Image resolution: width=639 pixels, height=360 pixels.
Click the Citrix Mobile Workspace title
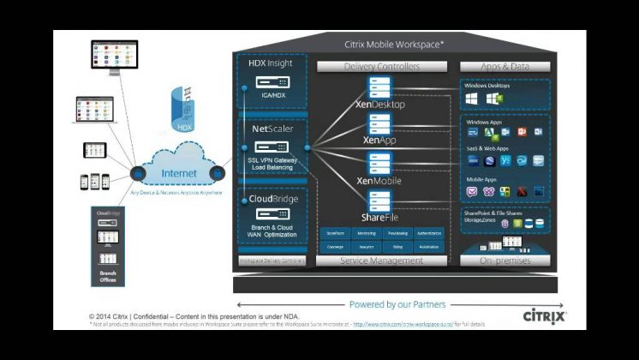(x=394, y=43)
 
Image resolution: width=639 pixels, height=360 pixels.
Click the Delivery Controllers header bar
(x=382, y=66)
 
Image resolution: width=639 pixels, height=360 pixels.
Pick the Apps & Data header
(x=505, y=66)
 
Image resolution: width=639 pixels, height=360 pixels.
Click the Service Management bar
(x=382, y=261)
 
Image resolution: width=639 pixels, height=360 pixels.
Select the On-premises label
(x=505, y=261)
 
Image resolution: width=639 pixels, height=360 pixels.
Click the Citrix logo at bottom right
(x=544, y=317)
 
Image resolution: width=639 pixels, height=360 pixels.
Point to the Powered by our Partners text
(x=397, y=304)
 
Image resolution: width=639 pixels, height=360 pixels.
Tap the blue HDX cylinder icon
(x=183, y=109)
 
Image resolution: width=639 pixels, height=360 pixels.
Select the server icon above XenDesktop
(x=379, y=87)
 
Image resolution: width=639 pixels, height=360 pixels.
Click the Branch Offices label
(x=108, y=276)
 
